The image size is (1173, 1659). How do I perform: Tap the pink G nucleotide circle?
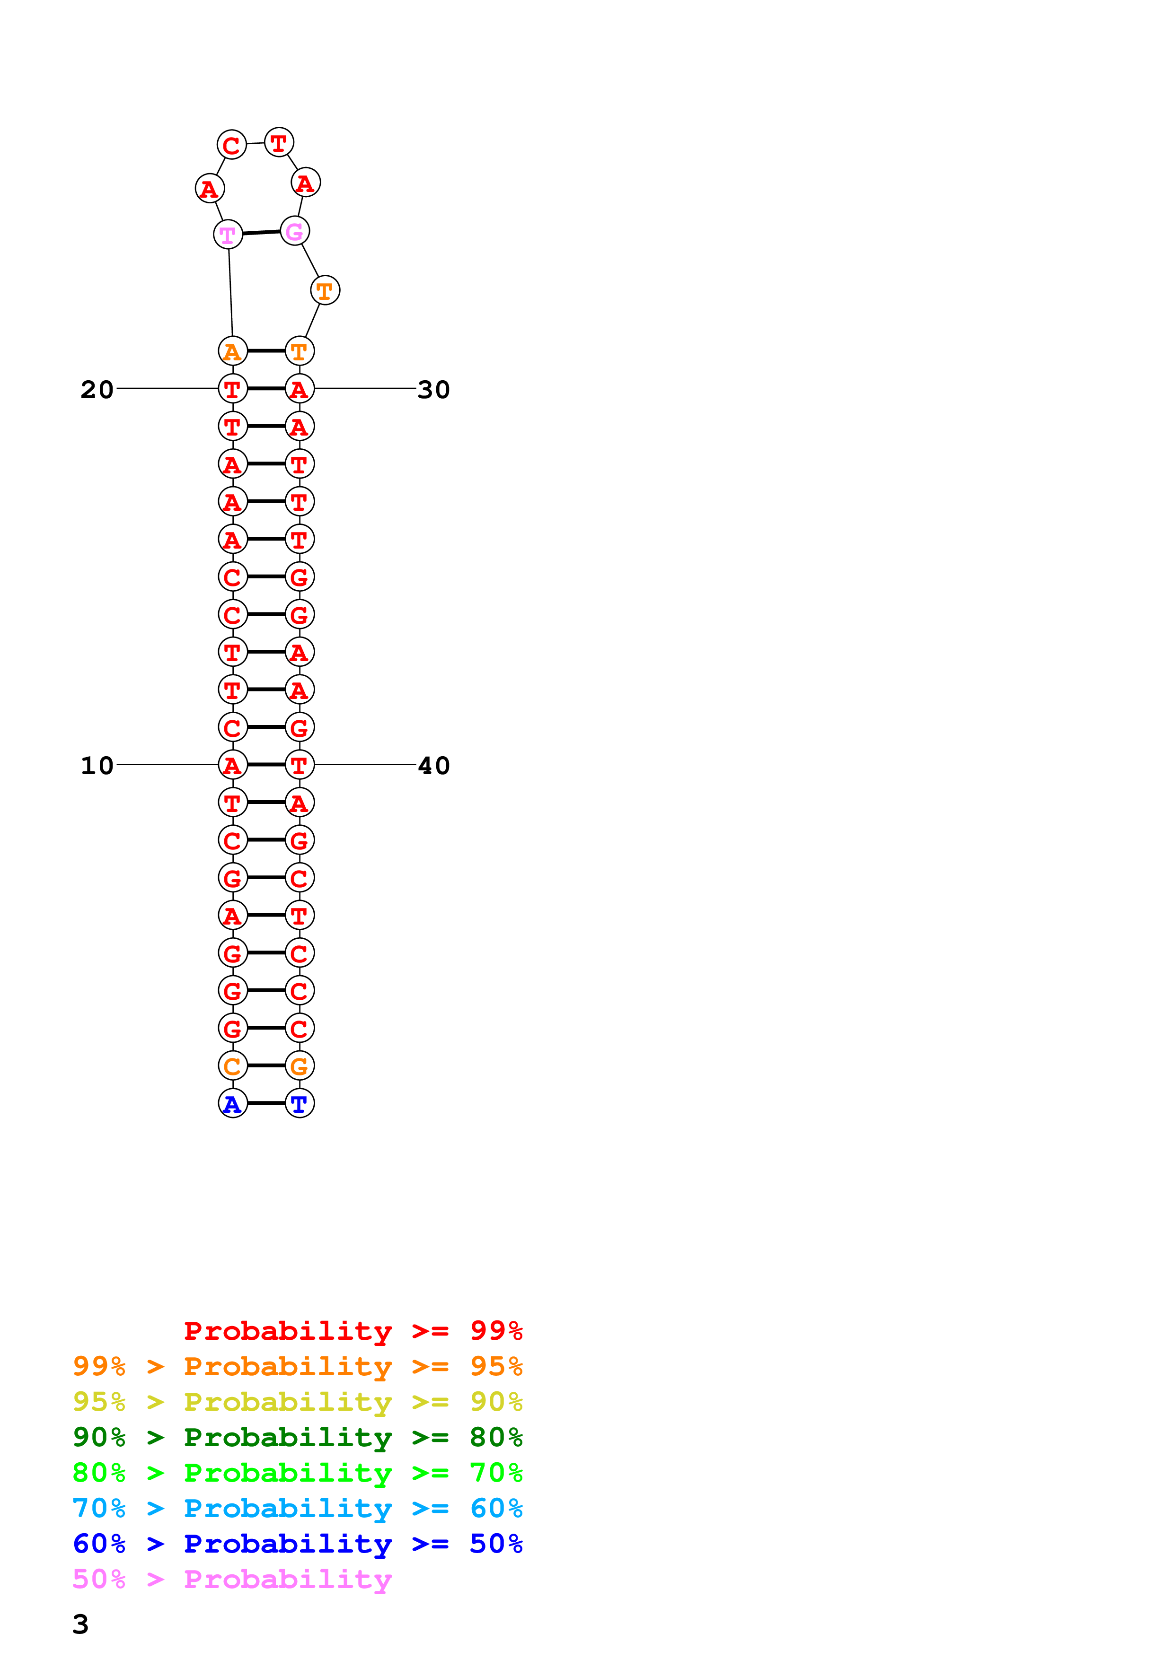(295, 231)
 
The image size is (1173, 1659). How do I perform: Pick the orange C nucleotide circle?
(233, 1066)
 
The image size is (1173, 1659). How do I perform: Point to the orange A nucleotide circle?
(233, 351)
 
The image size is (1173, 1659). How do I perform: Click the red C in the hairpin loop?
(231, 145)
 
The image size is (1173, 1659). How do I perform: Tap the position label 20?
(97, 390)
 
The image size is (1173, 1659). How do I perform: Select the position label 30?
(433, 390)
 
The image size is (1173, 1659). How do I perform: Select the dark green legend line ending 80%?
(298, 1437)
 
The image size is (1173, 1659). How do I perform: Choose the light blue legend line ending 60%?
(298, 1508)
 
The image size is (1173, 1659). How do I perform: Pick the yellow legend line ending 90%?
(298, 1402)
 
